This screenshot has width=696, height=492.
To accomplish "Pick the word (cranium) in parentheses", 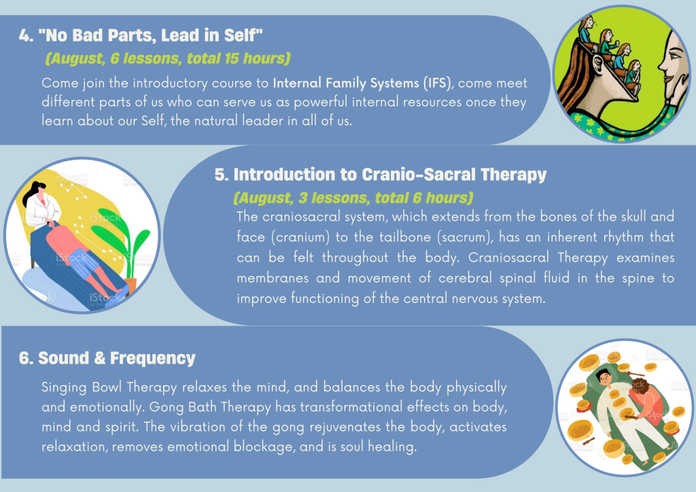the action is (300, 237).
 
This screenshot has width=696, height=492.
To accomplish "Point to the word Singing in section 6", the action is (64, 387).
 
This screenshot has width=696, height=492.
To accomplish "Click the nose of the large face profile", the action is (662, 65).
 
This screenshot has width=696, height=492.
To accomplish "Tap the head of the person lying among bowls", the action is (603, 377).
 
